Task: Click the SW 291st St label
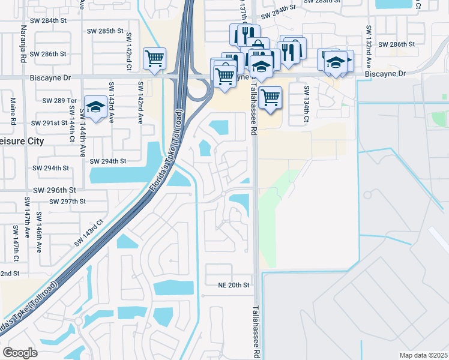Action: point(49,122)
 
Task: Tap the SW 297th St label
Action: point(68,202)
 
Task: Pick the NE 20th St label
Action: point(234,285)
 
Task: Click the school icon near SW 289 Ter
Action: point(94,107)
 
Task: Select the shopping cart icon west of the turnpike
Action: point(154,58)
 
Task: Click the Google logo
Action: point(20,353)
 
